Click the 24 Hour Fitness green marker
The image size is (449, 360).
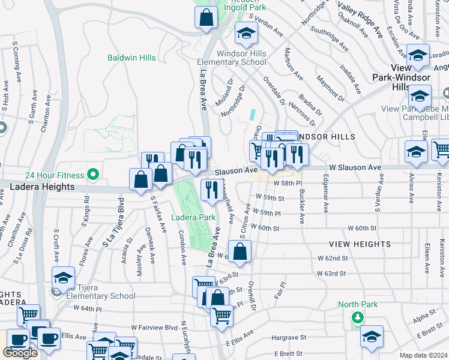tap(92, 175)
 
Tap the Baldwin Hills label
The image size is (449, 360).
tap(131, 58)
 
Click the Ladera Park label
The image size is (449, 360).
tap(193, 217)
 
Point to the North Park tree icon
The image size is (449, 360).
tap(358, 317)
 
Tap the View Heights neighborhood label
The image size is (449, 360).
tap(360, 244)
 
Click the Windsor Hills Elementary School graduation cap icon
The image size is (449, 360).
tap(246, 36)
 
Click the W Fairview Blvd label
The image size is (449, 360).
tap(155, 328)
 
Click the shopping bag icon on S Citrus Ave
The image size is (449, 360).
tap(240, 252)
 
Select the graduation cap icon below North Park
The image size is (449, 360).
tap(372, 337)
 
